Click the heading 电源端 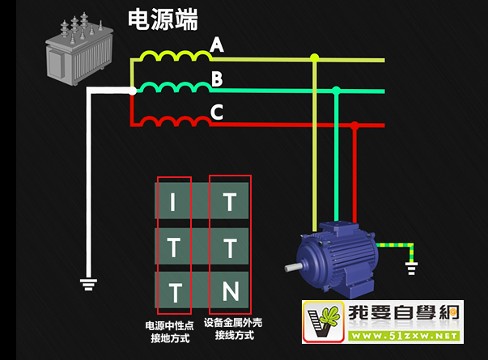click(163, 19)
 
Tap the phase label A click(217, 46)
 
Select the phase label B click(217, 79)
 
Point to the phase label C click(217, 112)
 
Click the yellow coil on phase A click(172, 56)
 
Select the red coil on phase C click(172, 121)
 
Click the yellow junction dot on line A click(315, 57)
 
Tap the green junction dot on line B click(335, 91)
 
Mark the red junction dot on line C click(355, 125)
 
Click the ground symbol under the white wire click(89, 283)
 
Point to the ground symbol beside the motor click(412, 266)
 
